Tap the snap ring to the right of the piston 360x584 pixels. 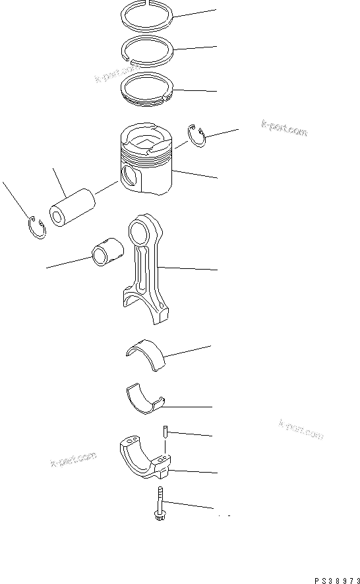196,135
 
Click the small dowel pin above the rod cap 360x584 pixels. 164,432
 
